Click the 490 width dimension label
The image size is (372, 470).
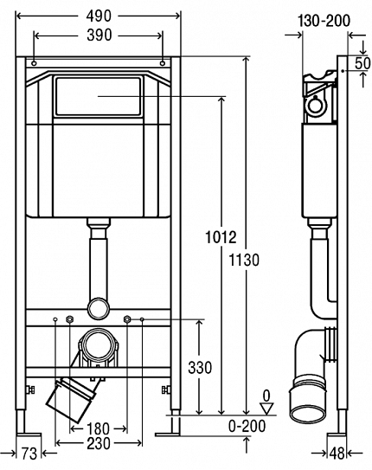coord(99,16)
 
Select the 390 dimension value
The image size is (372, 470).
coord(99,35)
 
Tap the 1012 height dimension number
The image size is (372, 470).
coord(221,237)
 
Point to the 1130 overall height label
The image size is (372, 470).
coord(244,260)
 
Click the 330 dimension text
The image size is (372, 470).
coord(200,368)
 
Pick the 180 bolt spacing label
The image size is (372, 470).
coord(98,429)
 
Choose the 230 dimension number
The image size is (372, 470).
coord(99,444)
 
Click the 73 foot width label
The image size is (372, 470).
coord(29,454)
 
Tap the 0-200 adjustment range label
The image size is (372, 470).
coord(247,426)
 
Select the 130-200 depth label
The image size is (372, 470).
coord(324,21)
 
